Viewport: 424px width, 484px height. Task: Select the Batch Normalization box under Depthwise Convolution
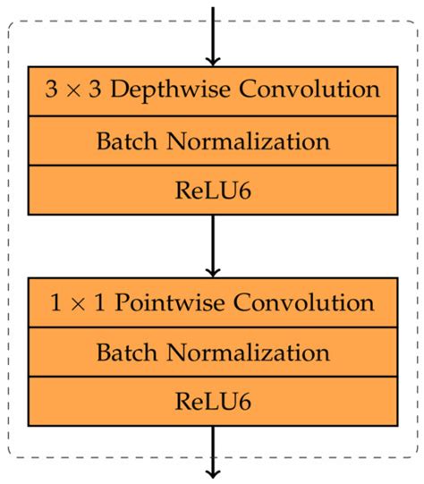click(x=213, y=140)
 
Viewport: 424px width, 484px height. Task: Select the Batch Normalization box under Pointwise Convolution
click(x=213, y=352)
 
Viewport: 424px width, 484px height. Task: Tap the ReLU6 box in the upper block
click(x=213, y=190)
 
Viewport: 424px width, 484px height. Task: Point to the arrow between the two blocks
click(x=213, y=246)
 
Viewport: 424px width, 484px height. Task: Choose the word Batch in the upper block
click(x=124, y=140)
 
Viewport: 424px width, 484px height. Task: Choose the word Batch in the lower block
click(x=124, y=352)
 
